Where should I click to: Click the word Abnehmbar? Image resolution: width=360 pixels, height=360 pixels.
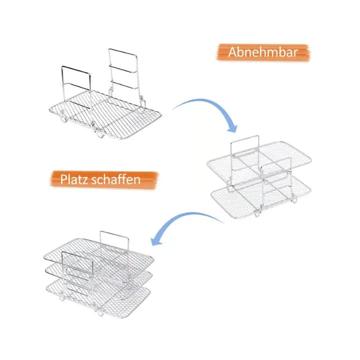point(263,52)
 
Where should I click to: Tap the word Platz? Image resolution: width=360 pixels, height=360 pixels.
point(75,179)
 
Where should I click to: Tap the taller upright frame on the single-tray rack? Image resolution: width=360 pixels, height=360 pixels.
point(123,70)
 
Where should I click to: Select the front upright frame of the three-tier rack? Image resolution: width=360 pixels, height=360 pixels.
point(75,275)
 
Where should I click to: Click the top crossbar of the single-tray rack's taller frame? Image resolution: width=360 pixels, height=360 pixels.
point(123,49)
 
